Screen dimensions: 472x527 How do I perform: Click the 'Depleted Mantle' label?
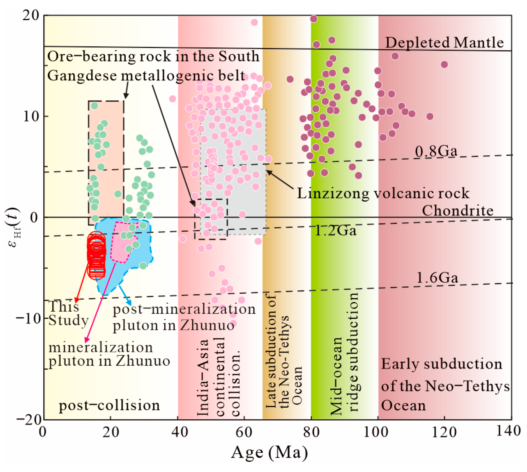(444, 43)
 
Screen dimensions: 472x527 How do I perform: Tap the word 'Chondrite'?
(457, 211)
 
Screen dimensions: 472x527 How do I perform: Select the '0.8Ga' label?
(436, 151)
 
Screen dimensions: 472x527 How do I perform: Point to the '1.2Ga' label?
(335, 231)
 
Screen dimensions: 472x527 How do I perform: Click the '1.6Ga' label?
(437, 278)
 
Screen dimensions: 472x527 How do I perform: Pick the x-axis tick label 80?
(311, 432)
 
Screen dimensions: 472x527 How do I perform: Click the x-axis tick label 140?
(508, 431)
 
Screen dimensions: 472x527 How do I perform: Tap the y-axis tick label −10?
(28, 318)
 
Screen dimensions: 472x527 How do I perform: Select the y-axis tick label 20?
(31, 15)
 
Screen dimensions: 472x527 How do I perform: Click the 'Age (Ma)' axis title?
(269, 452)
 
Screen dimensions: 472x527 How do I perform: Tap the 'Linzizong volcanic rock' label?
(383, 193)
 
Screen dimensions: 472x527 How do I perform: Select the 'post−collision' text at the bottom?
(109, 405)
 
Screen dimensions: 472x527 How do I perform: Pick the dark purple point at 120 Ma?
(444, 65)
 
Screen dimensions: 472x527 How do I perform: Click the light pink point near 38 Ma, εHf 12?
(172, 99)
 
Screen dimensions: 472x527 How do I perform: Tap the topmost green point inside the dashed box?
(94, 106)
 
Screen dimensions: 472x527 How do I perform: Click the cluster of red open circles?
(96, 255)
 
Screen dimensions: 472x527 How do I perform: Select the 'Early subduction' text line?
(441, 364)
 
